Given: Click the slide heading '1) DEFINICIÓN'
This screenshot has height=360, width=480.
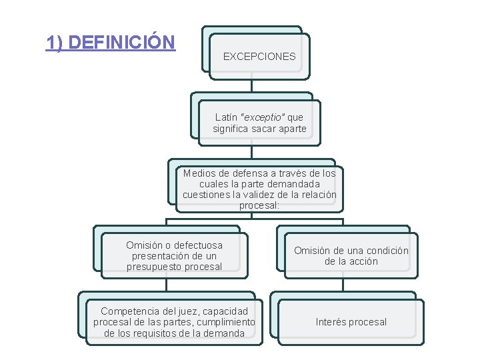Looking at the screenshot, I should click(x=110, y=43).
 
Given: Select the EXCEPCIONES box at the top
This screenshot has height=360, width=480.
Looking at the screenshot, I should click(x=259, y=57).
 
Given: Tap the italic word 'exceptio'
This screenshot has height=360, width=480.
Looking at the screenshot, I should click(x=263, y=117).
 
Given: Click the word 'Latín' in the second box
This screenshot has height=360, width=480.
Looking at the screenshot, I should click(x=227, y=117).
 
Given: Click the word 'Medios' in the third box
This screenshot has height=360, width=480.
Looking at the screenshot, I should click(x=199, y=173).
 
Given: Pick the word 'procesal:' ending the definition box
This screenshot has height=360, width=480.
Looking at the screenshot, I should click(x=259, y=206).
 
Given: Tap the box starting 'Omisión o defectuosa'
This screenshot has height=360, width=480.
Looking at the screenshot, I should click(x=174, y=256).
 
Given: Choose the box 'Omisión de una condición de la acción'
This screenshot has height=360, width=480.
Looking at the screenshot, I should click(x=351, y=256).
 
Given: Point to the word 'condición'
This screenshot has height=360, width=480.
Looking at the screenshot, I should click(x=386, y=251).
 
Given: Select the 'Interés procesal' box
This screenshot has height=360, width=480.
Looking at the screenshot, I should click(x=351, y=322).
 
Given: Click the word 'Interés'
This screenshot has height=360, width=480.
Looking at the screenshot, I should click(x=331, y=322).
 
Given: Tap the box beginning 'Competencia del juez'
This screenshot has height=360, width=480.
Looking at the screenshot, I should click(x=174, y=322).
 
